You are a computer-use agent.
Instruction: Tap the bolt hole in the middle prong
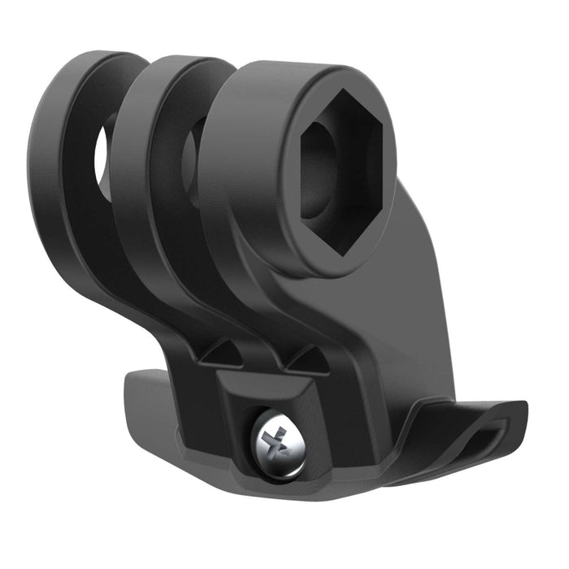point(193,150)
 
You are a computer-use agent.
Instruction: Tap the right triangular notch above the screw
point(306,358)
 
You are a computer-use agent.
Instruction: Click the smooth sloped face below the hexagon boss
point(398,325)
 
